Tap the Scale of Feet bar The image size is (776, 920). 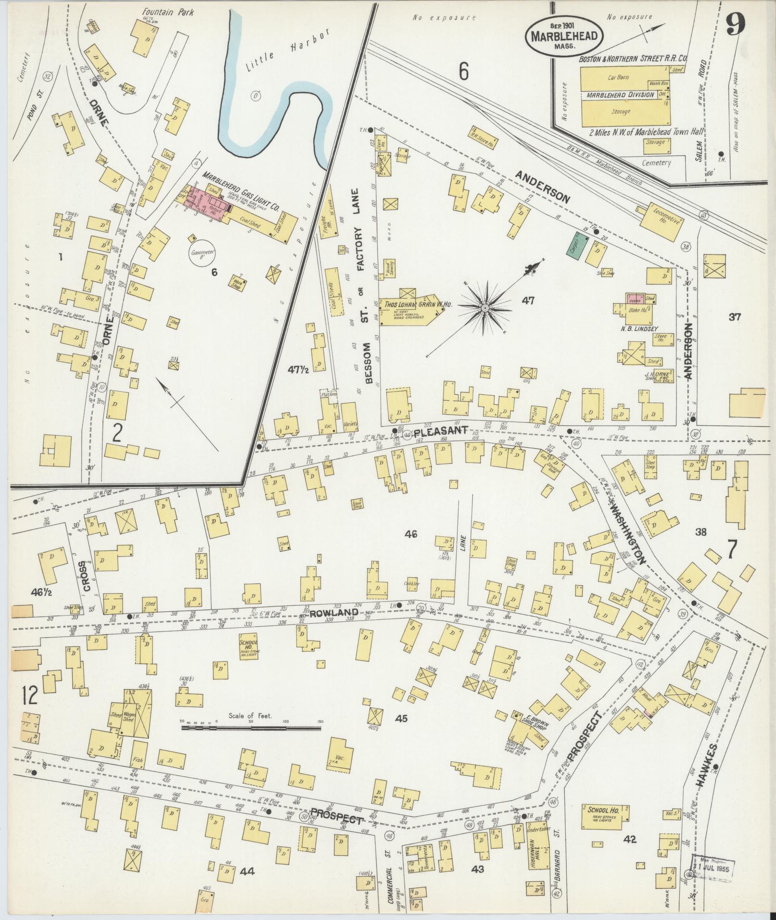[251, 742]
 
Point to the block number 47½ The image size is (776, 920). [298, 369]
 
